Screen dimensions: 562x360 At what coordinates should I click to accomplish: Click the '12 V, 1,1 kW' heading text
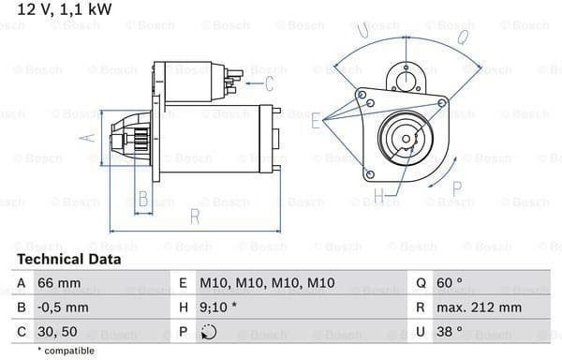(x=65, y=9)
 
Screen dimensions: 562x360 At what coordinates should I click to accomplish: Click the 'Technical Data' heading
(x=68, y=260)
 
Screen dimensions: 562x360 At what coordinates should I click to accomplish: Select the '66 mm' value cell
(x=59, y=283)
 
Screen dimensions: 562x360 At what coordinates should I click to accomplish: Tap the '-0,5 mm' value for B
(x=63, y=307)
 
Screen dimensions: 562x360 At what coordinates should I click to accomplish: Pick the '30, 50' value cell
(x=57, y=332)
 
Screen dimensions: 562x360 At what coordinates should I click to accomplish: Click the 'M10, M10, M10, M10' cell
(x=267, y=283)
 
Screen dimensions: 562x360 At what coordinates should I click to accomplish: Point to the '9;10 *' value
(x=218, y=307)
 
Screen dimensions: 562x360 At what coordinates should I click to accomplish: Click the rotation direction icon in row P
(x=209, y=332)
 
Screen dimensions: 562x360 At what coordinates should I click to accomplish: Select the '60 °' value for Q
(x=449, y=283)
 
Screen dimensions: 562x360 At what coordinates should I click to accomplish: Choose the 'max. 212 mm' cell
(x=479, y=307)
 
